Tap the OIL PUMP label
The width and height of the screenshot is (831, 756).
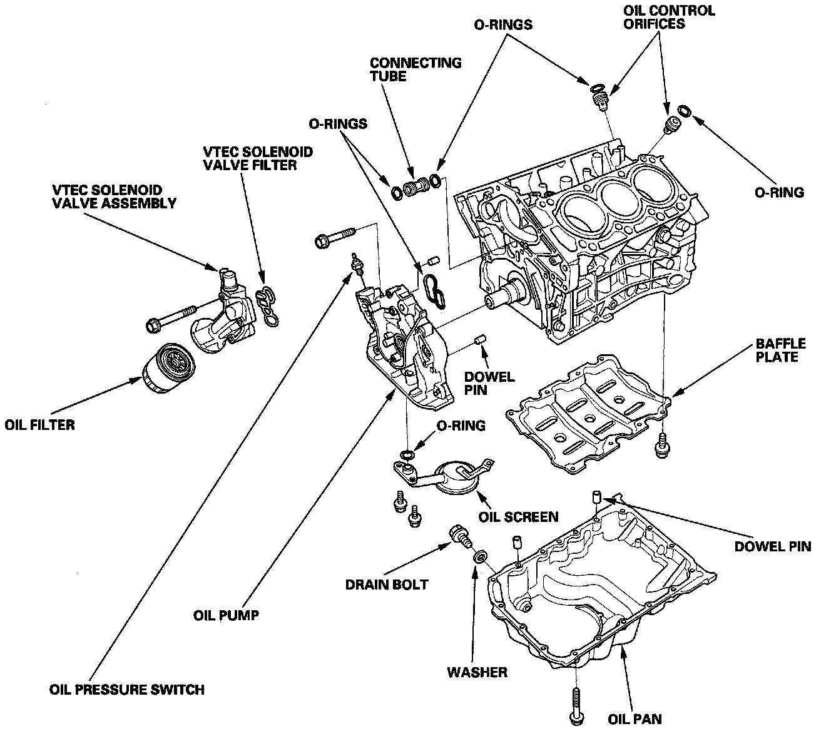[x=226, y=615]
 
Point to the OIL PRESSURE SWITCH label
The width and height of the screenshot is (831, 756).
[x=126, y=690]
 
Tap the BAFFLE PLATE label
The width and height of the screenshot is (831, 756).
[x=780, y=350]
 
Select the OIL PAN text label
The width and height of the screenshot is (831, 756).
[x=635, y=719]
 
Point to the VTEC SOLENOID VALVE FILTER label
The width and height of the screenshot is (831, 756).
[x=258, y=159]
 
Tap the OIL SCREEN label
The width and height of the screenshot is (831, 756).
[x=518, y=517]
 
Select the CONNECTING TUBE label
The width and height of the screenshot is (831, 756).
[x=415, y=69]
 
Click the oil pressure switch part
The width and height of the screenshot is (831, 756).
[x=358, y=264]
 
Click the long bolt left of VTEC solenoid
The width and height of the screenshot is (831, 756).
[x=170, y=317]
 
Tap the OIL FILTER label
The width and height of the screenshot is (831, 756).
[x=39, y=425]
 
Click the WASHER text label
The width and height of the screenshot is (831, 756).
[x=477, y=673]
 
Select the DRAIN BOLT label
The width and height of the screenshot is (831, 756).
[x=387, y=585]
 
